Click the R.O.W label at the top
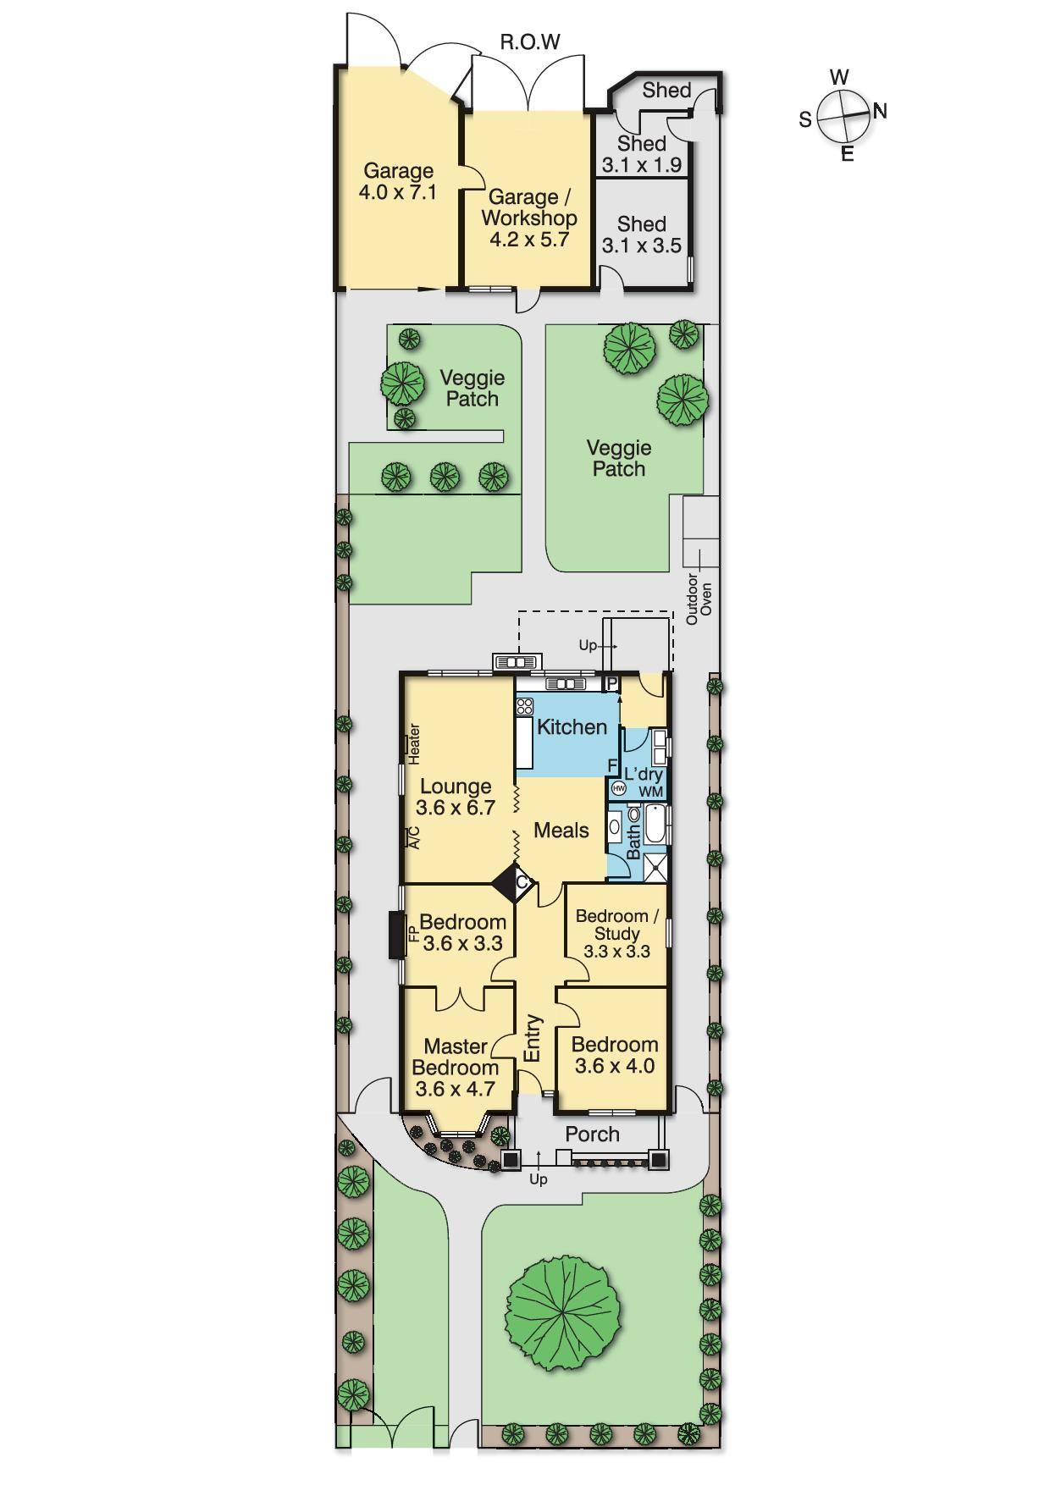pos(530,42)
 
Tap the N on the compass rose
pos(880,111)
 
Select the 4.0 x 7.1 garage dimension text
pos(397,192)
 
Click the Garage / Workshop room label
pos(528,208)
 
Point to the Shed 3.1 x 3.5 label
pos(641,235)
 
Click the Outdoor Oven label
pos(699,599)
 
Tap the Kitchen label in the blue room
pos(572,727)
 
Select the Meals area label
pos(561,831)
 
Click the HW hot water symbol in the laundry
pos(618,788)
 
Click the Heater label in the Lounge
pos(414,743)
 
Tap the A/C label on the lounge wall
pos(414,836)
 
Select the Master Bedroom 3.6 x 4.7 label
pos(456,1068)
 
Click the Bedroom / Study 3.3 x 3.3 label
pos(616,933)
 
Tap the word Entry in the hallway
pos(533,1038)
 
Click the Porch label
pos(592,1134)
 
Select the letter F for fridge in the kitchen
pos(612,766)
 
